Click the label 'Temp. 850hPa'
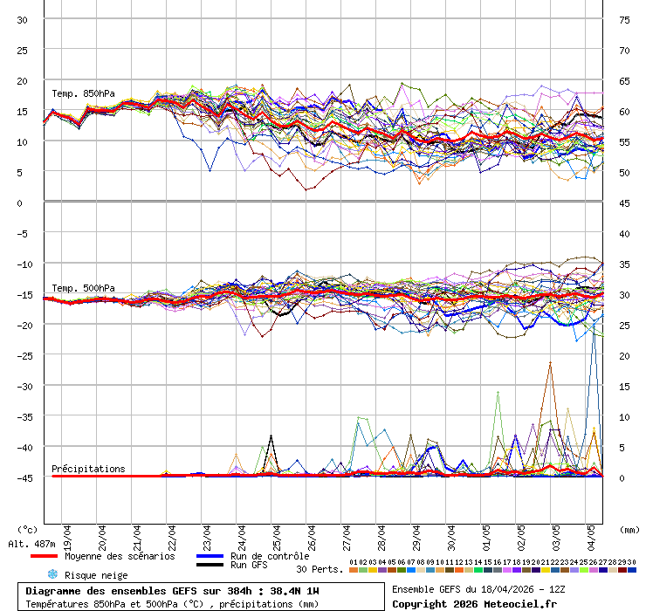pyautogui.click(x=83, y=93)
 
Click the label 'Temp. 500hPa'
pyautogui.click(x=83, y=288)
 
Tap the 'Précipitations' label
pyautogui.click(x=88, y=469)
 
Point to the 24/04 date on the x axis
pyautogui.click(x=242, y=534)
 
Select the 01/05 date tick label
pyautogui.click(x=486, y=534)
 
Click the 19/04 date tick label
pyautogui.click(x=67, y=534)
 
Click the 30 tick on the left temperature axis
pyautogui.click(x=23, y=19)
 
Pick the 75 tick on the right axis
pyautogui.click(x=624, y=19)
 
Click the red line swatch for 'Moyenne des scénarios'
pyautogui.click(x=44, y=556)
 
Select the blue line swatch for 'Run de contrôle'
pyautogui.click(x=210, y=556)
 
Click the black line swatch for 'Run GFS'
pyautogui.click(x=210, y=566)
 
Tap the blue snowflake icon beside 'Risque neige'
pyautogui.click(x=52, y=574)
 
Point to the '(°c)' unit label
pyautogui.click(x=28, y=529)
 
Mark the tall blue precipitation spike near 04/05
pyautogui.click(x=596, y=349)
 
